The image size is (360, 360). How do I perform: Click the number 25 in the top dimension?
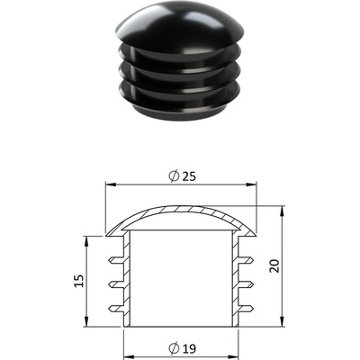[189, 176]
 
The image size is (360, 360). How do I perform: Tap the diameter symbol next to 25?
[174, 176]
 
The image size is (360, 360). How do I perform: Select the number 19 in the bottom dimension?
[189, 348]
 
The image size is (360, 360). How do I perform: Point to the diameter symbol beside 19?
[174, 348]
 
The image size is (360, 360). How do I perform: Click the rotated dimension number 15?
[79, 281]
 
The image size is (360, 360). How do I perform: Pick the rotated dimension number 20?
[274, 265]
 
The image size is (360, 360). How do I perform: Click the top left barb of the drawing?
[117, 260]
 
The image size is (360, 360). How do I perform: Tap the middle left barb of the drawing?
[117, 284]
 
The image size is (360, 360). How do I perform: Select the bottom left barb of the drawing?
[117, 309]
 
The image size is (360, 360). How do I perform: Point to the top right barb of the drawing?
[246, 260]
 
